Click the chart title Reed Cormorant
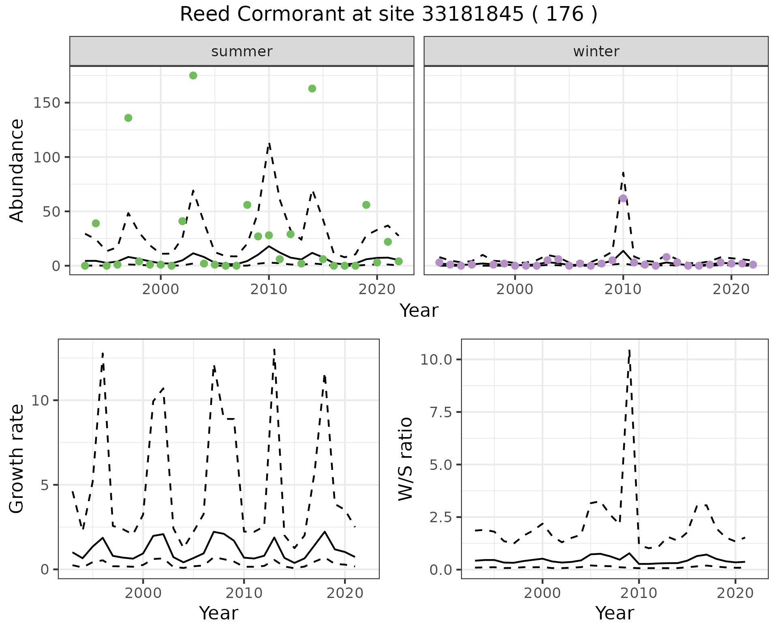pyautogui.click(x=388, y=15)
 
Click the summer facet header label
pyautogui.click(x=242, y=51)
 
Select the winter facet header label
pyautogui.click(x=596, y=51)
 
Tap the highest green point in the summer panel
pyautogui.click(x=193, y=75)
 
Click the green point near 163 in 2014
pyautogui.click(x=312, y=89)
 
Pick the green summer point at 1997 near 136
pyautogui.click(x=128, y=118)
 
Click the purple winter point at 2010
pyautogui.click(x=623, y=198)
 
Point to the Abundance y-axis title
pyautogui.click(x=17, y=170)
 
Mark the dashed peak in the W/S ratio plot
pyautogui.click(x=629, y=350)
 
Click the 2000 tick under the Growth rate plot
pyautogui.click(x=143, y=593)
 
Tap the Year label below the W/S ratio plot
pyautogui.click(x=614, y=613)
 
